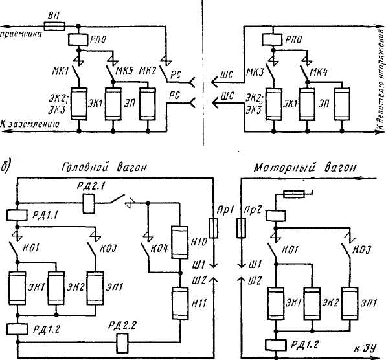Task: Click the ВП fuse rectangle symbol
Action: pos(54,26)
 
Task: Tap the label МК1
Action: pos(60,71)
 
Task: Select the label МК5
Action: pos(124,71)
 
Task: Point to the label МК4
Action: pos(319,73)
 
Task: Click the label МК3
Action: pos(255,73)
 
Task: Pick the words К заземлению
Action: pos(30,124)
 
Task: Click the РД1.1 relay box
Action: pos(17,215)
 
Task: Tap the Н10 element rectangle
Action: pos(179,242)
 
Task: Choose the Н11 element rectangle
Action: pos(180,304)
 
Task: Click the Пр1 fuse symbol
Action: pos(213,228)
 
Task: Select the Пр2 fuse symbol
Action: pos(241,228)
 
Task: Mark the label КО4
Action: pos(159,249)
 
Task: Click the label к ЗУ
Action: pos(365,348)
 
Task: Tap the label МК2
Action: pos(148,71)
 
